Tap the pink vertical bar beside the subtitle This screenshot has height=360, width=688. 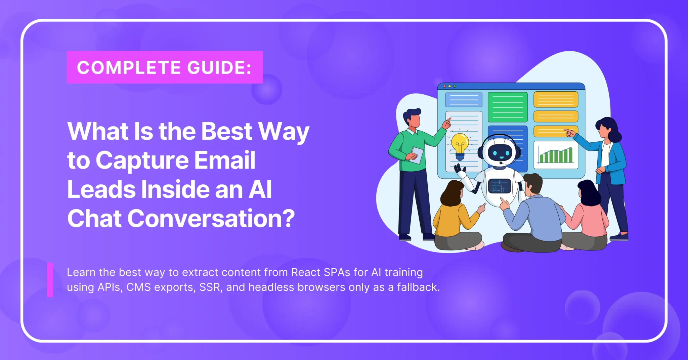coord(50,280)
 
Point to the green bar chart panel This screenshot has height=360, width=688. coord(556,155)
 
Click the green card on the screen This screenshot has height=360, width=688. coord(507,107)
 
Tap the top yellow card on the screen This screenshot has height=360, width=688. coord(556,99)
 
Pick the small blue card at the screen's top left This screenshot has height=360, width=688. coord(464,99)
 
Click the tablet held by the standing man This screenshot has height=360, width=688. coord(417,155)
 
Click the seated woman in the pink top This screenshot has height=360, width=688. coord(587,217)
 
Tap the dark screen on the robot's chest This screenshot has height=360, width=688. coord(499,186)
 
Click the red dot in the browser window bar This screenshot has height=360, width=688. coord(444,86)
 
